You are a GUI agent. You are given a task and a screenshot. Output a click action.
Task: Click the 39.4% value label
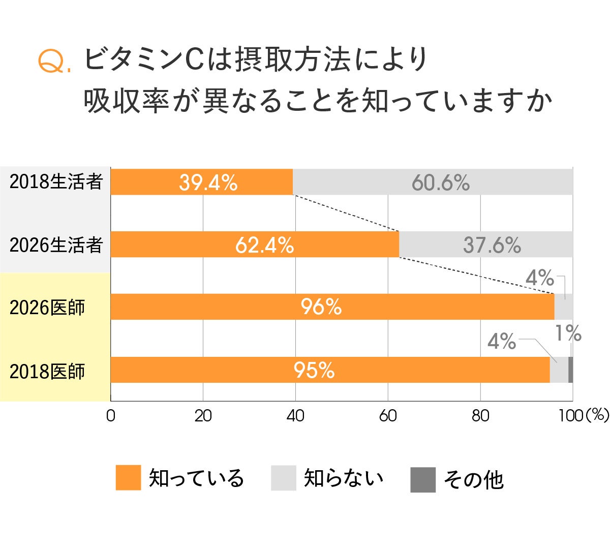208,182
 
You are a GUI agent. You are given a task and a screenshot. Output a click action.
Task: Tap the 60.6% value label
440,182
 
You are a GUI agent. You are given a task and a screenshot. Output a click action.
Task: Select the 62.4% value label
264,246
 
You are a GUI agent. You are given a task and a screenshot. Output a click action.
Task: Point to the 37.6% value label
492,246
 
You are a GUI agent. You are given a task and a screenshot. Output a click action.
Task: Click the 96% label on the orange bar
321,307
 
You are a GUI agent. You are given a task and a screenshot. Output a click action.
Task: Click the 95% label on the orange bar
314,371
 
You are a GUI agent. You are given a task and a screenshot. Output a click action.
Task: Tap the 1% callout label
568,334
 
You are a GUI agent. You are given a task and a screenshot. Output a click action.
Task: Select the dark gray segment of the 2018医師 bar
570,370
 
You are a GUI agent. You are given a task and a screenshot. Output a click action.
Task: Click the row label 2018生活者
56,181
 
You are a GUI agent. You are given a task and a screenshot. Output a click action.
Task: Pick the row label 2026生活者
56,245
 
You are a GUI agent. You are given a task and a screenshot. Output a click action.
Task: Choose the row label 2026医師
47,308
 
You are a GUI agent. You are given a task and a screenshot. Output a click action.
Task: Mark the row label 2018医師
47,372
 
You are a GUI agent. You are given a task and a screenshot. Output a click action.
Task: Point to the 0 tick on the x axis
110,416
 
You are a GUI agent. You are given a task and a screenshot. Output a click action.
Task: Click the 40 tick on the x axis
295,416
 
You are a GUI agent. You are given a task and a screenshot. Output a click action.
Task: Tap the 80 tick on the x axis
480,416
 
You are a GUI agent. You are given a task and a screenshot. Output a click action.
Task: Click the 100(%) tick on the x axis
583,416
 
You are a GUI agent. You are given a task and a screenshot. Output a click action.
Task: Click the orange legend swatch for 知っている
128,478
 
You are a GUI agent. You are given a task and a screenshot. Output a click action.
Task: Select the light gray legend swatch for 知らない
283,478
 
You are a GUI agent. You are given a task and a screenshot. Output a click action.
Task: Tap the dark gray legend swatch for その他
423,479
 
